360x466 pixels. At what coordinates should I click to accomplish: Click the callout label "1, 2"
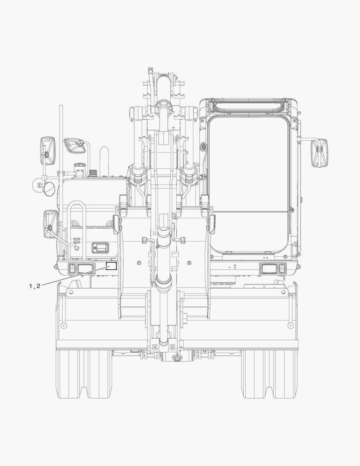point(34,286)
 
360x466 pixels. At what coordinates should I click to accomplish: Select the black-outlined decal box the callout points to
point(111,266)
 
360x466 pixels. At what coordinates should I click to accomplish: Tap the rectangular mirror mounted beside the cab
point(319,153)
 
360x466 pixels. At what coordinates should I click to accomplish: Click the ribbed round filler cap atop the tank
point(93,172)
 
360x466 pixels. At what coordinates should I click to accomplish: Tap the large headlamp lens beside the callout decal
point(85,268)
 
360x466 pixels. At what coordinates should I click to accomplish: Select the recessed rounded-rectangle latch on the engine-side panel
point(100,247)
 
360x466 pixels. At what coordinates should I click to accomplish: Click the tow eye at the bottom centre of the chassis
point(177,358)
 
